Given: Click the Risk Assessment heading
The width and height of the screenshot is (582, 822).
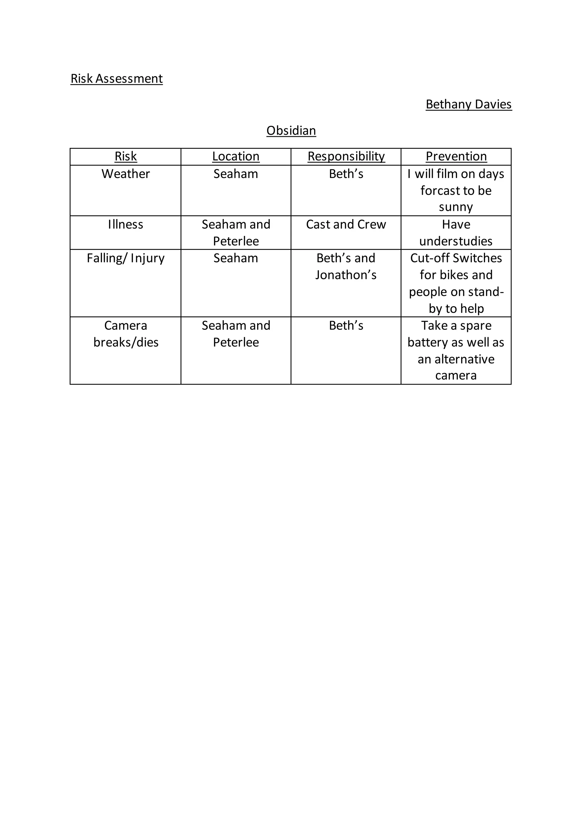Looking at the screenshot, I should coord(117,78).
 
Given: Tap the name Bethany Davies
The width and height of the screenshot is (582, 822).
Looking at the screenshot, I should coord(468,104).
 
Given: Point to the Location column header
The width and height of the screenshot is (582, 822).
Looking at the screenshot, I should coord(236,156).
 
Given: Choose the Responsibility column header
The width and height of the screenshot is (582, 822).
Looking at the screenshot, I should coord(346,156).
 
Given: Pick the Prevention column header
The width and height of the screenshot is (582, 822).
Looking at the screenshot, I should coord(456,156).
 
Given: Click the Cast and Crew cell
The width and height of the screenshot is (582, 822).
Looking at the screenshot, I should coord(346,224).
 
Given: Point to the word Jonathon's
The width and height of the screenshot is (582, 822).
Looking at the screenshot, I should coord(346,275).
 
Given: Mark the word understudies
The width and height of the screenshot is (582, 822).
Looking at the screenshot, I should coord(456,241).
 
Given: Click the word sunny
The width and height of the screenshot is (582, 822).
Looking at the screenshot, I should coord(456,207).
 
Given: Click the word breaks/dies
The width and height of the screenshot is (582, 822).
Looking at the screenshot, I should coord(126,342).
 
